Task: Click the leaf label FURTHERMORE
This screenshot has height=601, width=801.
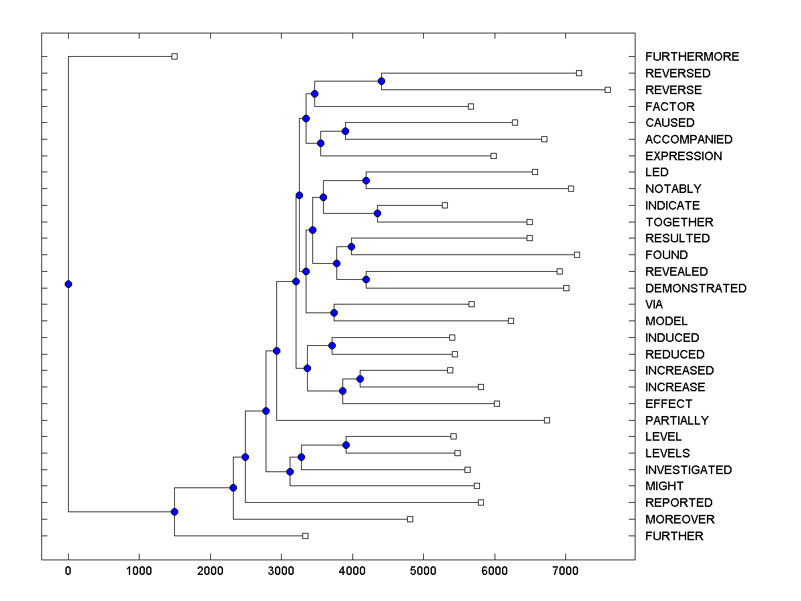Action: coord(692,57)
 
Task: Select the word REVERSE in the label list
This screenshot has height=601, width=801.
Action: coord(674,90)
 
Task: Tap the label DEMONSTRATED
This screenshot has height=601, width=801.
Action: coord(696,288)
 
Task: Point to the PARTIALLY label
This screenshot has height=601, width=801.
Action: coord(677,421)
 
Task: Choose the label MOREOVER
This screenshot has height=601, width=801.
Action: coord(680,520)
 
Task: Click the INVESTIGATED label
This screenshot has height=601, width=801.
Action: coord(688,470)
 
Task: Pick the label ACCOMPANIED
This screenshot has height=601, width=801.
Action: coord(689,140)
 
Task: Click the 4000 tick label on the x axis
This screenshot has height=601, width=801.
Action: coord(352,570)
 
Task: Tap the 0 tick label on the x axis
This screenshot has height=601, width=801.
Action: coord(68,570)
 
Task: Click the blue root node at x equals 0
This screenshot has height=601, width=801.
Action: coord(68,284)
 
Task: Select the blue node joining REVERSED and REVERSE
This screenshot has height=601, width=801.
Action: coord(381,81)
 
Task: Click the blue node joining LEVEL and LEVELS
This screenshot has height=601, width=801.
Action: coord(346,445)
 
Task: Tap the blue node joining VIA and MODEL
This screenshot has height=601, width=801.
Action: coord(334,313)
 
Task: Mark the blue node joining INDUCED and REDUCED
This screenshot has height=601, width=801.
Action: coord(332,345)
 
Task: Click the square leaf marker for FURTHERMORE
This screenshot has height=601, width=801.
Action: coord(174,57)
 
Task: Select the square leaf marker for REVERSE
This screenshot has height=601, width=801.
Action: coord(607,89)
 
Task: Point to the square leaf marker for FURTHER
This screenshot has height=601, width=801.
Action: coord(305,536)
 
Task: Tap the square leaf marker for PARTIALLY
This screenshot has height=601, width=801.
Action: coord(547,420)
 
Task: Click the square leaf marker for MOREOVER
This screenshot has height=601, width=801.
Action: coord(410,519)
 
